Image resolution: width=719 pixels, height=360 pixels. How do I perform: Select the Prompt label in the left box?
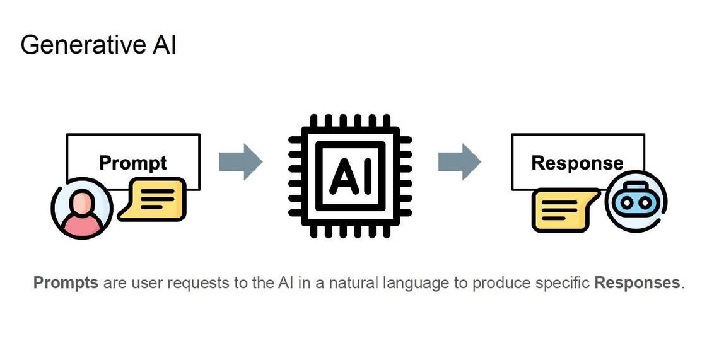pyautogui.click(x=133, y=163)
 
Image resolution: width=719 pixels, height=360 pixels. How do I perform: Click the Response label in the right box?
pyautogui.click(x=577, y=163)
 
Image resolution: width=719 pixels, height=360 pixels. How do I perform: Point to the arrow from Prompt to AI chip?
pyautogui.click(x=240, y=161)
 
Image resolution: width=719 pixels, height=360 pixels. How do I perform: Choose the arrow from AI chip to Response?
pyautogui.click(x=460, y=161)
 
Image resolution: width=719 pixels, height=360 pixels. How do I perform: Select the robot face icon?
pyautogui.click(x=636, y=202)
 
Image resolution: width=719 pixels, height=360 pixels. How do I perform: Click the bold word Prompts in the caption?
pyautogui.click(x=66, y=282)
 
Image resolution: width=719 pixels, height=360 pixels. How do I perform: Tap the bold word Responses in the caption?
pyautogui.click(x=637, y=282)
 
